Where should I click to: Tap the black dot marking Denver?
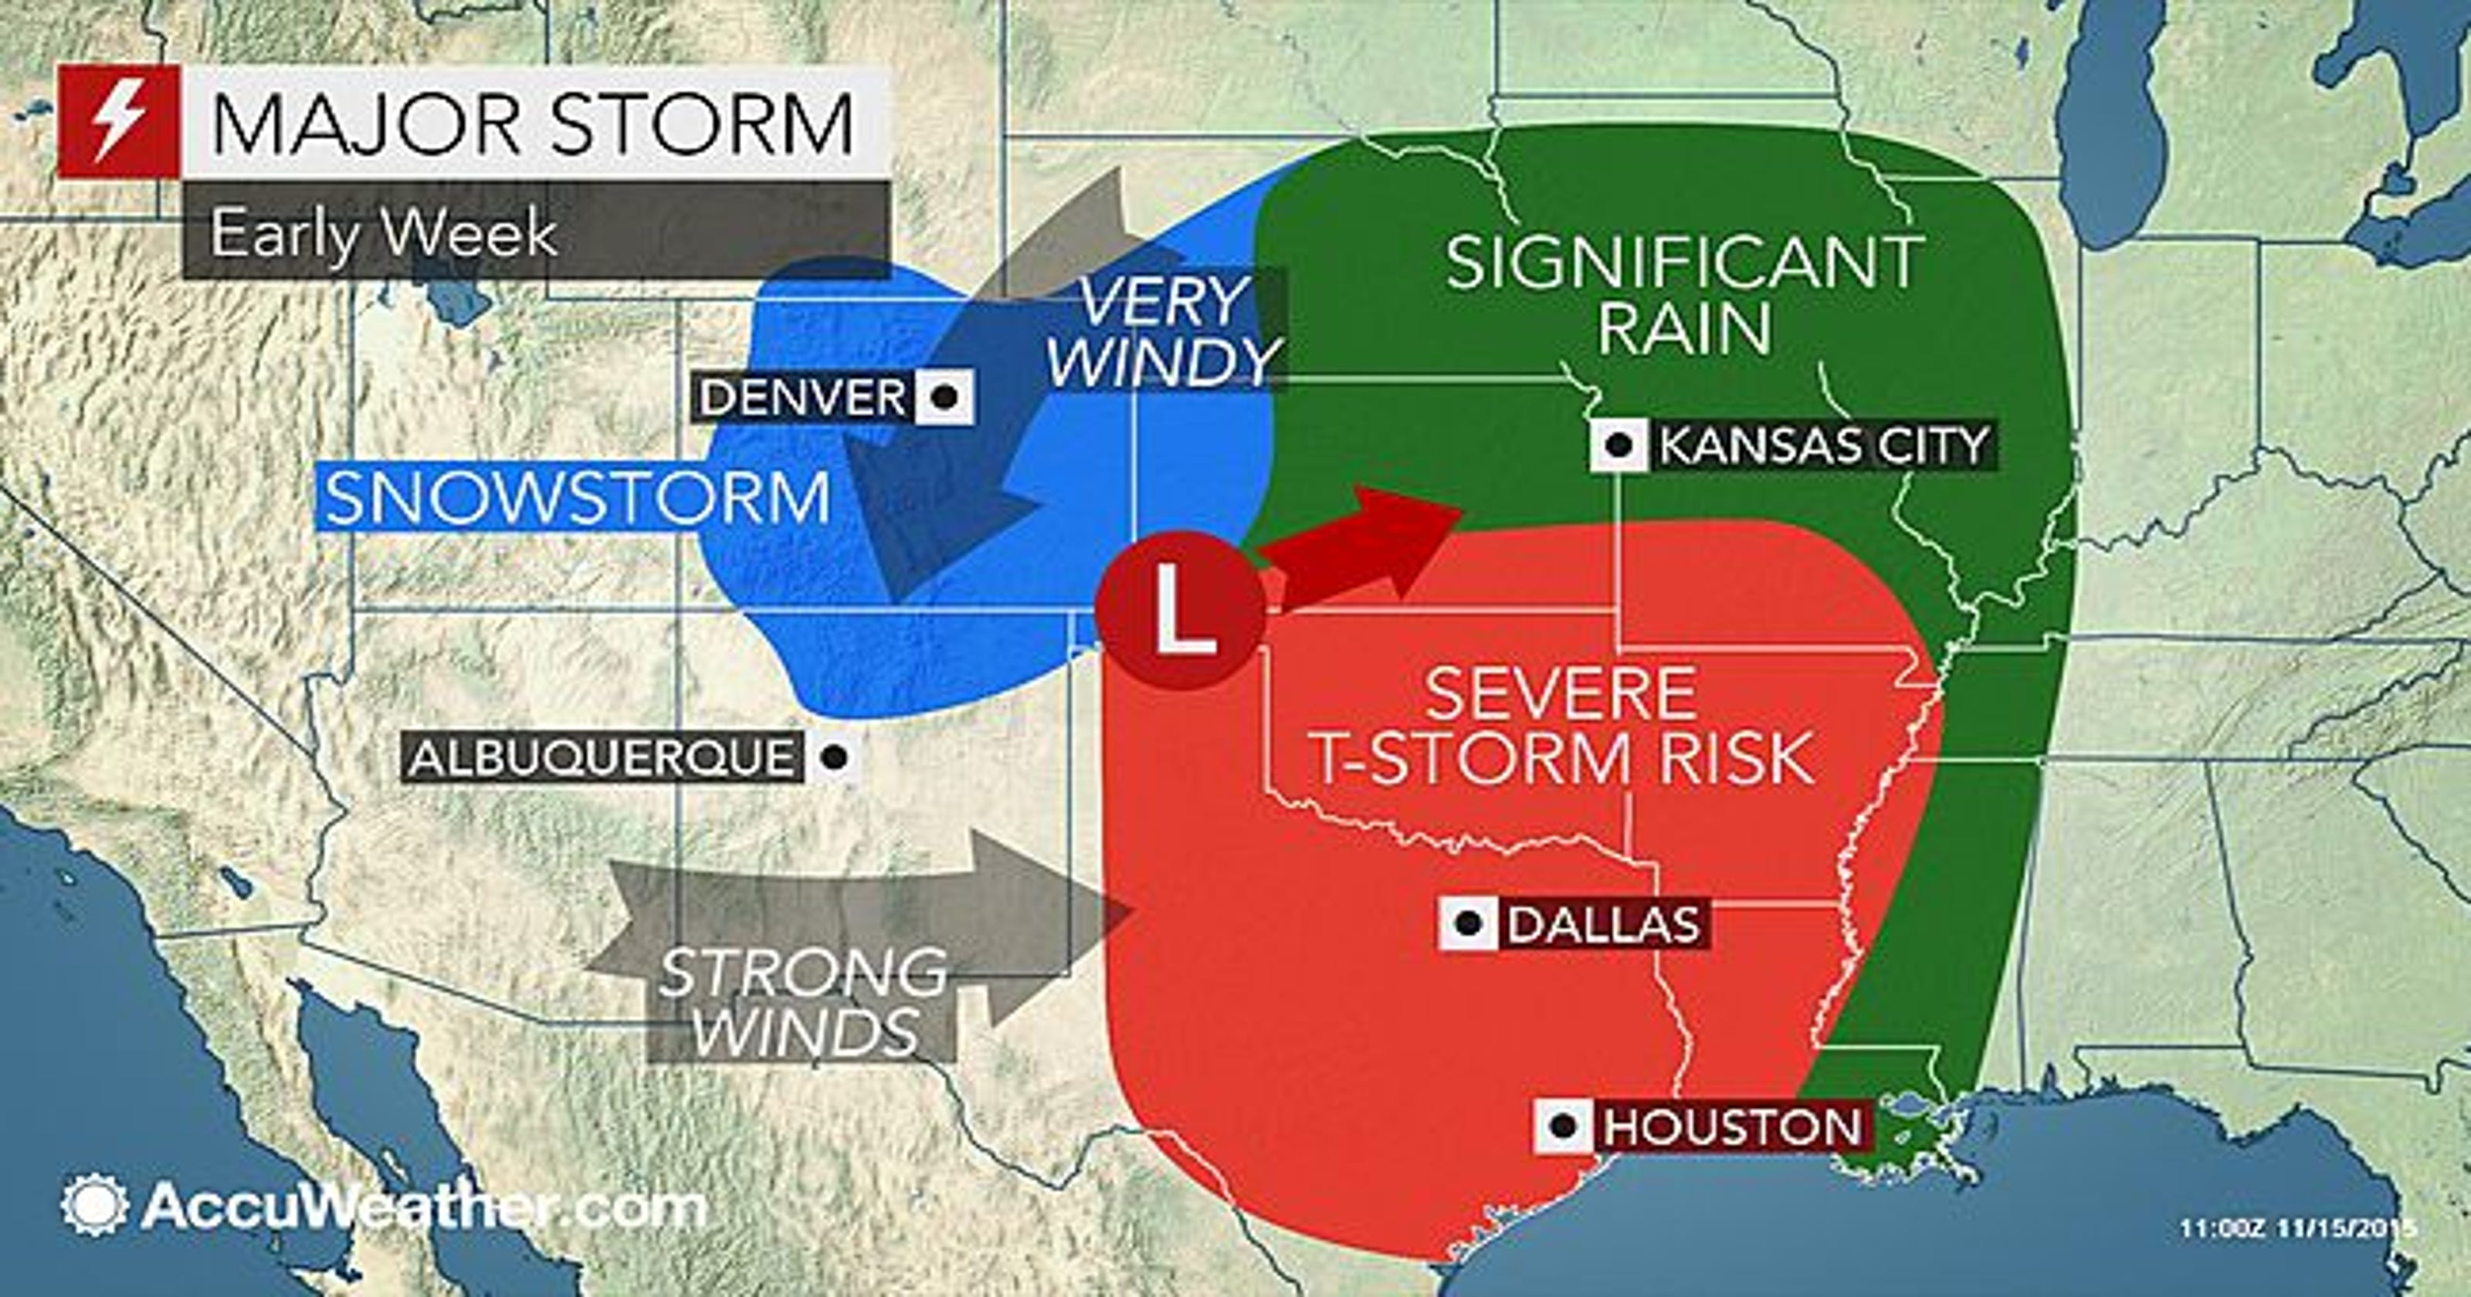(x=946, y=396)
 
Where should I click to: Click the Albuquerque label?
(x=602, y=758)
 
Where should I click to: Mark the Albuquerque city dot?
(x=835, y=757)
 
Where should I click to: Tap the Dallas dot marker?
(x=1466, y=925)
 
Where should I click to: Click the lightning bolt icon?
(x=119, y=123)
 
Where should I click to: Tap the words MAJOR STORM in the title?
(x=532, y=123)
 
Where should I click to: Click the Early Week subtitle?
(x=384, y=233)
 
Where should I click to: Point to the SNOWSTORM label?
(x=575, y=499)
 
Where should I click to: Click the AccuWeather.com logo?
(x=384, y=1206)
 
